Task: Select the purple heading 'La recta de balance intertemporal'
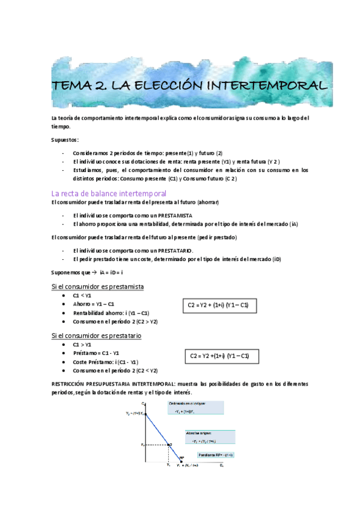point(109,193)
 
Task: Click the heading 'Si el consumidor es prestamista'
point(98,286)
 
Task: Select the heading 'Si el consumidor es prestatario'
point(97,336)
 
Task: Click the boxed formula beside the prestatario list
point(219,357)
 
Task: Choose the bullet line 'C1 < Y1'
point(82,296)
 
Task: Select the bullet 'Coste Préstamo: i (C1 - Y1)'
point(106,362)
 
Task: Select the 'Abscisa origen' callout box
point(209,436)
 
